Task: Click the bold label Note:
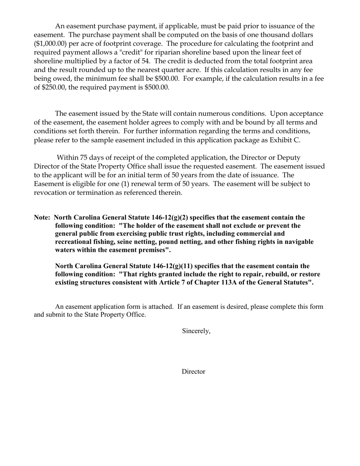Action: pos(42,217)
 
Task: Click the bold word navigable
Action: pos(297,242)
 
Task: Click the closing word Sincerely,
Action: pos(196,331)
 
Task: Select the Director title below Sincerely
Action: pos(193,372)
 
